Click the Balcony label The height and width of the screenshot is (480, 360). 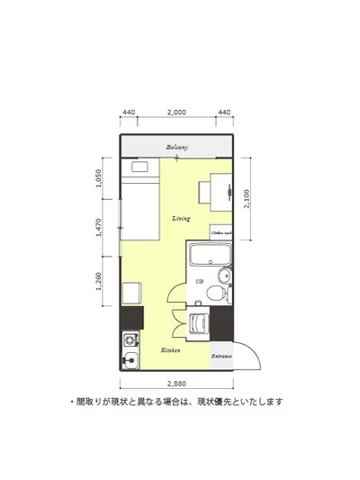pyautogui.click(x=176, y=148)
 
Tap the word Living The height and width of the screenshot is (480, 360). pyautogui.click(x=180, y=219)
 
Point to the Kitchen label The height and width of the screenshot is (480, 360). pyautogui.click(x=170, y=349)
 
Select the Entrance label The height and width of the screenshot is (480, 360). pyautogui.click(x=221, y=357)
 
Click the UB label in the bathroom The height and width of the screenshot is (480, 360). pyautogui.click(x=199, y=283)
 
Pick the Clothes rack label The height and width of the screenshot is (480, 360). pyautogui.click(x=222, y=232)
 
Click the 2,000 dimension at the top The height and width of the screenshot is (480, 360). pyautogui.click(x=176, y=113)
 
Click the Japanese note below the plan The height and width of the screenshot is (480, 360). pyautogui.click(x=176, y=402)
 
